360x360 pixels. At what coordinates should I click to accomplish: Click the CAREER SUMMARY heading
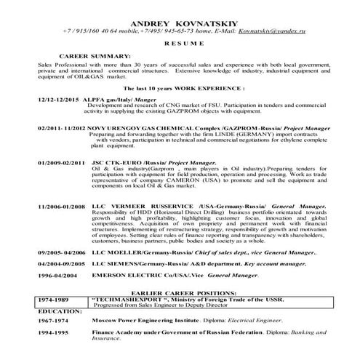pyautogui.click(x=95, y=56)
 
